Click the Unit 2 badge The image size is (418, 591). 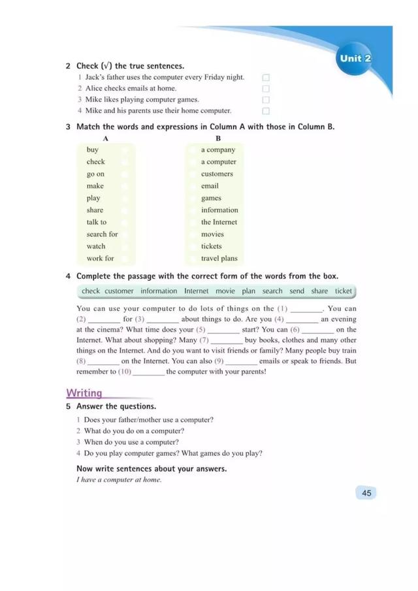click(x=355, y=58)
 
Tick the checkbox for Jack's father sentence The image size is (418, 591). click(x=266, y=78)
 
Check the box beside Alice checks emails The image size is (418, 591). click(x=266, y=89)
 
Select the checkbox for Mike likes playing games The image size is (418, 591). click(x=266, y=100)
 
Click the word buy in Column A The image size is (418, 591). click(x=92, y=150)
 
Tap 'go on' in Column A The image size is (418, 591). click(x=95, y=174)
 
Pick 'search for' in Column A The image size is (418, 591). click(x=102, y=234)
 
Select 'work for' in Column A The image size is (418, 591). click(x=100, y=258)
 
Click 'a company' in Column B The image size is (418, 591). click(x=218, y=150)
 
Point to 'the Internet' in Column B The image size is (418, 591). click(x=219, y=222)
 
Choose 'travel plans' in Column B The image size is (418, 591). click(x=219, y=258)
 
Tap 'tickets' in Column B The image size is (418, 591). click(x=211, y=246)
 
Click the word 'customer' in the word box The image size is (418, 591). click(x=119, y=291)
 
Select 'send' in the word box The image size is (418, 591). click(x=297, y=291)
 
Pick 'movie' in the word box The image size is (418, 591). click(x=225, y=291)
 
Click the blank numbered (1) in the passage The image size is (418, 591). click(x=306, y=310)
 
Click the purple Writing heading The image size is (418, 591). click(x=84, y=393)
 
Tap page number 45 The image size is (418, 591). click(x=366, y=493)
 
